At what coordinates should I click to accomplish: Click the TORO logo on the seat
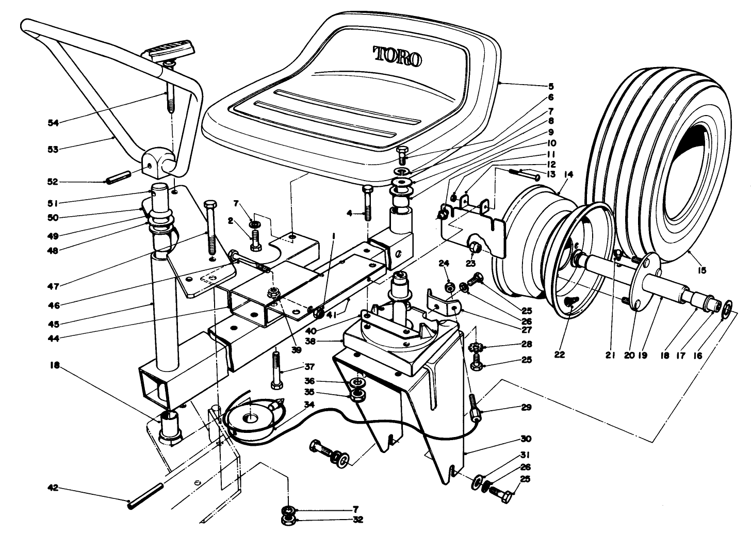[x=397, y=56]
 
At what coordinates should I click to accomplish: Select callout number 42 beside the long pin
[x=53, y=488]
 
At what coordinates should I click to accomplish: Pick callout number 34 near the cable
[x=308, y=405]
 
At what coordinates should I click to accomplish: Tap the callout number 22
[x=560, y=355]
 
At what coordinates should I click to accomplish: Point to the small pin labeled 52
[x=117, y=181]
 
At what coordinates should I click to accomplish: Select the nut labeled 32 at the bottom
[x=288, y=520]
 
